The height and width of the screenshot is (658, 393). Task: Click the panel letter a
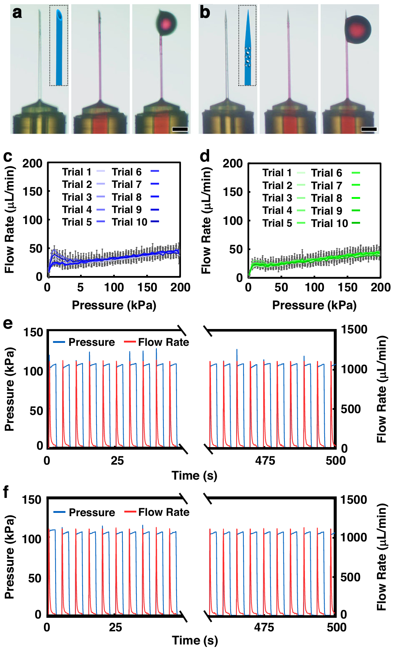[17, 12]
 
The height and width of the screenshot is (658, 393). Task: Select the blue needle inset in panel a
[59, 46]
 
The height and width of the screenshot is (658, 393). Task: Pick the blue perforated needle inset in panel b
[247, 46]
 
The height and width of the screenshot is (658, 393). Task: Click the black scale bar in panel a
[180, 129]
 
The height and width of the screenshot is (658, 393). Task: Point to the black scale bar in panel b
[369, 129]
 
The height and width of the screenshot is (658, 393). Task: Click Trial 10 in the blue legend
[130, 222]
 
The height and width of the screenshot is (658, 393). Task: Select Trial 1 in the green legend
[277, 173]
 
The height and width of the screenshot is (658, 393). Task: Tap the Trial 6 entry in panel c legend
[127, 172]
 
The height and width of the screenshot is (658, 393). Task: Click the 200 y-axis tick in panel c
[33, 163]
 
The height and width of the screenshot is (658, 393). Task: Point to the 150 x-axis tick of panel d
[347, 287]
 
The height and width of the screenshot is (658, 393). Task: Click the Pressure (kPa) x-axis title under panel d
[314, 305]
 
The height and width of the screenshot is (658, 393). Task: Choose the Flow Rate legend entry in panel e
[163, 342]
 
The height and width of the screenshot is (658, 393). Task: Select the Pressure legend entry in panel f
[92, 512]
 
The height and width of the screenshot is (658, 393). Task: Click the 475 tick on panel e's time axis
[265, 461]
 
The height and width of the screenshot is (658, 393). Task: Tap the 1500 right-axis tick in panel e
[354, 329]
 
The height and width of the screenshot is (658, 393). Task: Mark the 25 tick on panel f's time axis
[116, 627]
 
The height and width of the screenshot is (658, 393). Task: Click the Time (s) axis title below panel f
[195, 640]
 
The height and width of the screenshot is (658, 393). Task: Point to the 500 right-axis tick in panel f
[350, 577]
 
